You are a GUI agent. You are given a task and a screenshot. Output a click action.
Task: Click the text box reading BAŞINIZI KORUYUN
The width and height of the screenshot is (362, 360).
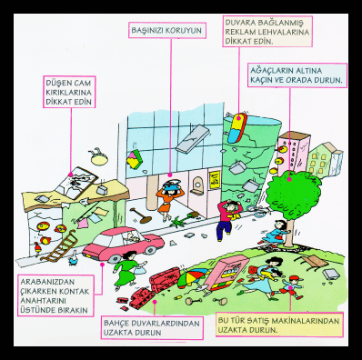[x=167, y=30]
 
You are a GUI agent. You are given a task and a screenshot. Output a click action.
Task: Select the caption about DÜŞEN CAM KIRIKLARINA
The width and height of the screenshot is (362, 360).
[x=69, y=92]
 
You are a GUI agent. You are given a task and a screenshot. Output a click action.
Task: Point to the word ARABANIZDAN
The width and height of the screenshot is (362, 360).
[x=47, y=282]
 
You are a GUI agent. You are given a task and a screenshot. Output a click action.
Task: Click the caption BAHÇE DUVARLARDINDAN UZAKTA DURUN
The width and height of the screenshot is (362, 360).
[x=152, y=327]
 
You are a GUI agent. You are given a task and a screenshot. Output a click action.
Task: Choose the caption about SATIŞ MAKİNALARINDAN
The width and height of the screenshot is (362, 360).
[x=279, y=325]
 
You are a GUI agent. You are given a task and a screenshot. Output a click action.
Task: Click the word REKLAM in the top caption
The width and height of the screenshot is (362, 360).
[x=240, y=32]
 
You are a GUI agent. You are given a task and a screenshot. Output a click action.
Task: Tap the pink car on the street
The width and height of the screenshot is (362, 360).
[x=123, y=244]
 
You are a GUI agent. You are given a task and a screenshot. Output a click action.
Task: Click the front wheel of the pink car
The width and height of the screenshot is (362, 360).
[x=114, y=258]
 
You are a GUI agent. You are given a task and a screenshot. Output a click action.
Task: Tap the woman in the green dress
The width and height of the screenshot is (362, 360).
[x=128, y=268]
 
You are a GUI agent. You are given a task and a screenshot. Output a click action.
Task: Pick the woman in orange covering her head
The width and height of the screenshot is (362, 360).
[x=167, y=199]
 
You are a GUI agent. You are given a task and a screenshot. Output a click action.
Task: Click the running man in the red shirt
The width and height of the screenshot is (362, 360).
[x=228, y=219]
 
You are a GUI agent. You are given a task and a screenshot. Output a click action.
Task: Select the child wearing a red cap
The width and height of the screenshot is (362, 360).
[x=291, y=287]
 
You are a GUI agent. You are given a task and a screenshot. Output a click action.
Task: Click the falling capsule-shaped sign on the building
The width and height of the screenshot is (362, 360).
[x=238, y=128]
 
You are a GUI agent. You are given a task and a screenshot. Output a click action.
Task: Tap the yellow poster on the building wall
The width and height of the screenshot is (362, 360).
[x=214, y=179]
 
